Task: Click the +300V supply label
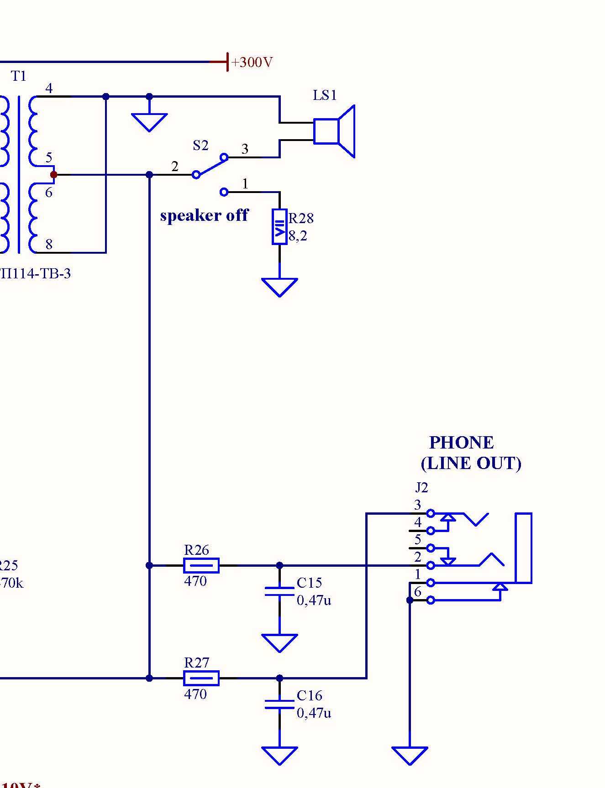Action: pos(252,62)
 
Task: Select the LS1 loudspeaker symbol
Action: pos(334,131)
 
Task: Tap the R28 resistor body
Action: pos(279,227)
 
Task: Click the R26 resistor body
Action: pos(201,565)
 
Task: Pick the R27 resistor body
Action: pos(201,678)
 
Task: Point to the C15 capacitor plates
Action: pos(279,591)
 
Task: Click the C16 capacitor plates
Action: pos(279,704)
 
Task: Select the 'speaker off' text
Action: pos(204,215)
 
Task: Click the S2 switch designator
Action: pos(200,146)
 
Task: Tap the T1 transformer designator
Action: pos(19,76)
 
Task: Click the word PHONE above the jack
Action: pos(461,443)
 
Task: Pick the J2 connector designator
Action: pos(421,488)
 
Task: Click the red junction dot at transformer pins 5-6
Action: pos(53,174)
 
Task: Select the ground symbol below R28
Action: pos(279,287)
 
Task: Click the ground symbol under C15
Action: pos(279,642)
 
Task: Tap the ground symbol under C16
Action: pos(279,755)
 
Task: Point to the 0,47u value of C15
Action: pos(314,600)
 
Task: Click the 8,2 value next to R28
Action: pos(298,236)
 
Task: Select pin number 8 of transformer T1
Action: pos(49,245)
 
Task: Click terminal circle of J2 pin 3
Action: pos(430,513)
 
